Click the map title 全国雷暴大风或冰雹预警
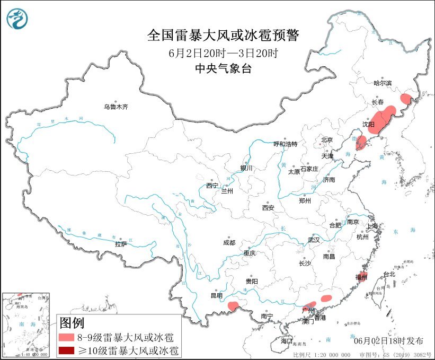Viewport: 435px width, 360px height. [x=223, y=36]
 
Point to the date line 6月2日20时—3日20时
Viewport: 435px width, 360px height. [x=223, y=53]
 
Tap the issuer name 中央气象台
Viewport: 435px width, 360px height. [x=223, y=68]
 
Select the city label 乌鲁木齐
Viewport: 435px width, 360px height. [x=116, y=107]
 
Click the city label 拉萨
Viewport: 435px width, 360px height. [x=121, y=244]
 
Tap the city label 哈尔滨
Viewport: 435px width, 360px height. [x=382, y=83]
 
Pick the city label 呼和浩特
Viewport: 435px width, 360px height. [x=286, y=144]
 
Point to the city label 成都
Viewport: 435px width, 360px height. [x=229, y=242]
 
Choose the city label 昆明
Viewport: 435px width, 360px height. [x=217, y=295]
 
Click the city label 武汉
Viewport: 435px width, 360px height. [x=314, y=240]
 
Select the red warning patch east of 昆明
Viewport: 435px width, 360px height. [x=232, y=305]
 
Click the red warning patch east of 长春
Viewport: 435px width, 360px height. [x=406, y=98]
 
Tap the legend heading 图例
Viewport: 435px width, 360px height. [x=72, y=322]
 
